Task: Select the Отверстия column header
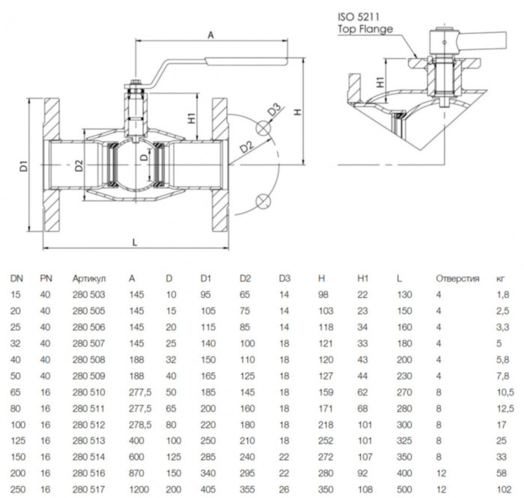[457, 278]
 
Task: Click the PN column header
[46, 278]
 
